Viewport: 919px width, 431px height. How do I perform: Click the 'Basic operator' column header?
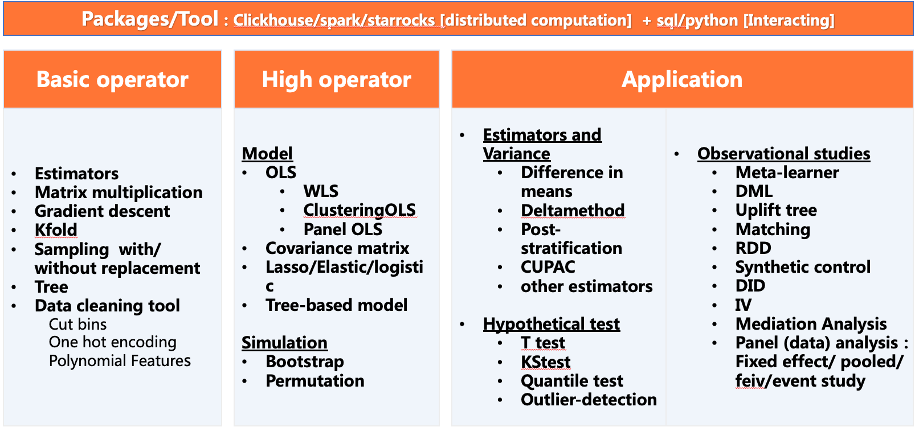112,79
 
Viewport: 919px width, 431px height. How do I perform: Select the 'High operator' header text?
336,79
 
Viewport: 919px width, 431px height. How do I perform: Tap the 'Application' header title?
682,79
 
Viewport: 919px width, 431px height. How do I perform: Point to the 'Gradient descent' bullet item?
102,211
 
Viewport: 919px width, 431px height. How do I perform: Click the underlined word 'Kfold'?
56,230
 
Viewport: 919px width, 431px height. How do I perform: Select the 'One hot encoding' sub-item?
112,342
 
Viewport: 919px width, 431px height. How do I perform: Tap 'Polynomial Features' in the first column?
120,361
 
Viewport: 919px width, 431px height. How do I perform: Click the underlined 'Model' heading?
267,154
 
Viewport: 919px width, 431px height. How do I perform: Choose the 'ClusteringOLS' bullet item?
360,210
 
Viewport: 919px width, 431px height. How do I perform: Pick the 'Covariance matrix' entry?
337,248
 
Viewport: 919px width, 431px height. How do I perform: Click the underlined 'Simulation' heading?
284,343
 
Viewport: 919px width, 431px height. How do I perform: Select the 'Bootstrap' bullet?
305,362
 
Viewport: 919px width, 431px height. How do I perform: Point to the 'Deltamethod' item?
573,210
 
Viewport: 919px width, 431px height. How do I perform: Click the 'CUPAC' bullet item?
548,267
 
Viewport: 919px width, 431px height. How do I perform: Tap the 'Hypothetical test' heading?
552,324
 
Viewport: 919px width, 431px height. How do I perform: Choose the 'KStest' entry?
546,362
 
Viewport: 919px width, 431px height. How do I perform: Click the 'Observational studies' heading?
783,154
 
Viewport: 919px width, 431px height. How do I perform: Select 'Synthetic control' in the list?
803,267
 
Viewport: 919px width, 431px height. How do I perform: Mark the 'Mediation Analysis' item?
811,324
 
